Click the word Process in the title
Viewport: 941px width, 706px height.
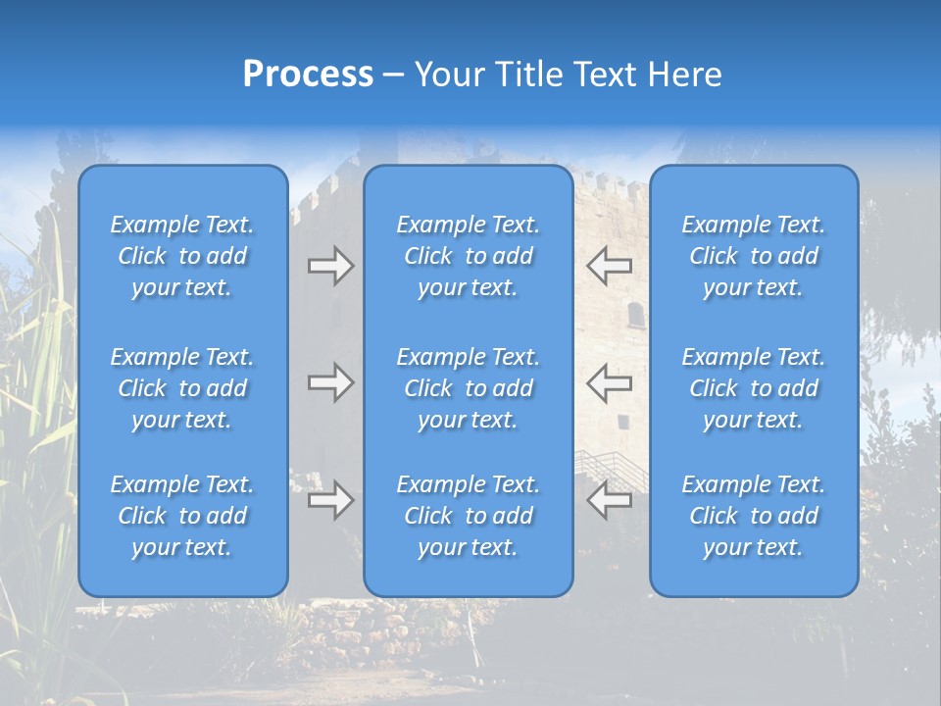coord(308,75)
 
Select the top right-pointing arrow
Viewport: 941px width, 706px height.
coord(330,266)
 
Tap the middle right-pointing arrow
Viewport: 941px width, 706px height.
coord(330,382)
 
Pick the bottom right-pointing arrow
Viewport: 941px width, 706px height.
coord(330,500)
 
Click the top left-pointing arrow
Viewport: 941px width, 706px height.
coord(610,266)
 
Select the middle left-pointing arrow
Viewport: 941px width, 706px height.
coord(610,382)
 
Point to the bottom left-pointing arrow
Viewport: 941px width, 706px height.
coord(610,500)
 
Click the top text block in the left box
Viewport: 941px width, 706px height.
coord(182,256)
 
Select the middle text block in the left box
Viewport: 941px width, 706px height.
coord(182,388)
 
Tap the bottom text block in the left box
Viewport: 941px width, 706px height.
coord(182,516)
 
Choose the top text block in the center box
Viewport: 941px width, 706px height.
coord(469,256)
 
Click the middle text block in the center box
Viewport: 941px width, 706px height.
coord(469,388)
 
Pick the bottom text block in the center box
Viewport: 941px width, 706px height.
coord(469,516)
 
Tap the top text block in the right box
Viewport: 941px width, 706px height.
coord(754,256)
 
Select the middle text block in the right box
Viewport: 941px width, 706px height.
coord(754,388)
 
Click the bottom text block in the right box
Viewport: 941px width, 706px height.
coord(754,516)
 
